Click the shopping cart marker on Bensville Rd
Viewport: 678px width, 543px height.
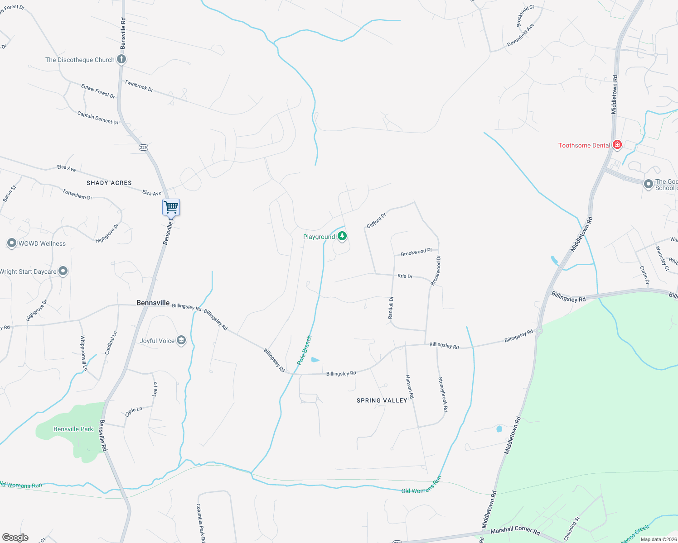[x=171, y=207]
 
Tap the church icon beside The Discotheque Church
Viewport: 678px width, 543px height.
[x=121, y=59]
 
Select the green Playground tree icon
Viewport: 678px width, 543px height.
[x=342, y=236]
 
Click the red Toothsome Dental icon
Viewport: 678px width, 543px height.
[x=617, y=145]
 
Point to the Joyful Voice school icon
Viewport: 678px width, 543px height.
[x=181, y=341]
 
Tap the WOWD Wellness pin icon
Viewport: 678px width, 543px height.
[x=12, y=243]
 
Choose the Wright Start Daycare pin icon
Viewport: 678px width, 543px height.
[x=63, y=271]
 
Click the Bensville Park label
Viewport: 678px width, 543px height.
[x=73, y=429]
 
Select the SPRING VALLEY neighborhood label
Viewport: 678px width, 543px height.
[x=382, y=400]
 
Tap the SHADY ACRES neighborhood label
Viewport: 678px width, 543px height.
[x=109, y=183]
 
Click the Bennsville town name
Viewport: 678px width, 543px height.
[x=153, y=303]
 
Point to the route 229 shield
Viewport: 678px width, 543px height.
[x=144, y=148]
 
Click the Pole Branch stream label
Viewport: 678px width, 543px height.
[x=305, y=350]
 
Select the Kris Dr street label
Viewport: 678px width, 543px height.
[x=405, y=276]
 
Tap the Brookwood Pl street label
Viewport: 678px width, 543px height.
[x=416, y=252]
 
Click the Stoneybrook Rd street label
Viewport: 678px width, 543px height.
[x=443, y=394]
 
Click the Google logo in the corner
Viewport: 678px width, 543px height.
[x=15, y=538]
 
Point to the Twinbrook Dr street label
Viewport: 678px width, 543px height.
[x=139, y=86]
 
